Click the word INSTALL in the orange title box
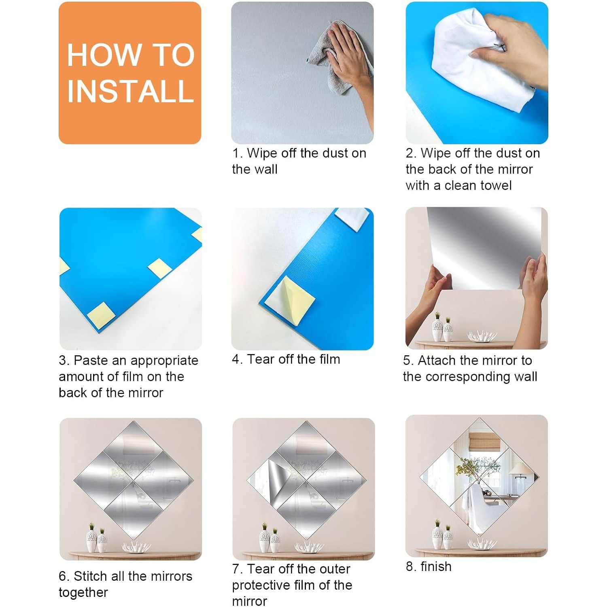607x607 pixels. click(x=130, y=91)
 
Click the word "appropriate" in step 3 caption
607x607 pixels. click(x=164, y=361)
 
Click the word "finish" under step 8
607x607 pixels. click(x=436, y=567)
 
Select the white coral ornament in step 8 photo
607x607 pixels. click(x=482, y=543)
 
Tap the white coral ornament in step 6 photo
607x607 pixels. click(x=136, y=546)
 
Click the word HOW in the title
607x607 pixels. click(x=103, y=55)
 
